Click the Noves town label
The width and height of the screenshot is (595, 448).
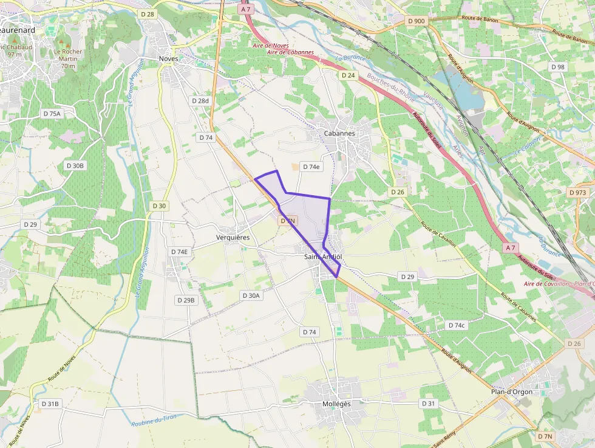pyautogui.click(x=168, y=58)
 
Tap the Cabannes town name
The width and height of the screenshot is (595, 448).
pyautogui.click(x=339, y=133)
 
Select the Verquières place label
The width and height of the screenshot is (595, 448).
pyautogui.click(x=233, y=237)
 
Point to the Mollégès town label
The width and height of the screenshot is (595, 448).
pyautogui.click(x=337, y=404)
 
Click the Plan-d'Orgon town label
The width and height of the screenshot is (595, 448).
pyautogui.click(x=512, y=391)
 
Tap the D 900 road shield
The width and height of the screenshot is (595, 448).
pyautogui.click(x=417, y=21)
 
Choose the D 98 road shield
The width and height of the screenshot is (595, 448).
pyautogui.click(x=557, y=67)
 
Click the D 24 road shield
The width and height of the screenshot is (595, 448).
pyautogui.click(x=348, y=75)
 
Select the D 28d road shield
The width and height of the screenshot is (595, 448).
pyautogui.click(x=200, y=101)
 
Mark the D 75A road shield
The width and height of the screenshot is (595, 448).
pyautogui.click(x=52, y=114)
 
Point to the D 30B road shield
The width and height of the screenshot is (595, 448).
pyautogui.click(x=75, y=165)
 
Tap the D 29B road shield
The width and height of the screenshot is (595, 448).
pyautogui.click(x=186, y=300)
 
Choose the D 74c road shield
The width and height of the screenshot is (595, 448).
pyautogui.click(x=457, y=325)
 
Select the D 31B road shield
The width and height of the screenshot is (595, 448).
pyautogui.click(x=50, y=404)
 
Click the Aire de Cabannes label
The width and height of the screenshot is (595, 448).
pyautogui.click(x=291, y=52)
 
